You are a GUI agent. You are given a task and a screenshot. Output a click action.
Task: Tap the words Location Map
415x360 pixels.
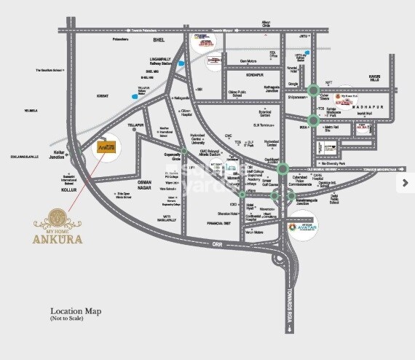[x=75, y=312]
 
